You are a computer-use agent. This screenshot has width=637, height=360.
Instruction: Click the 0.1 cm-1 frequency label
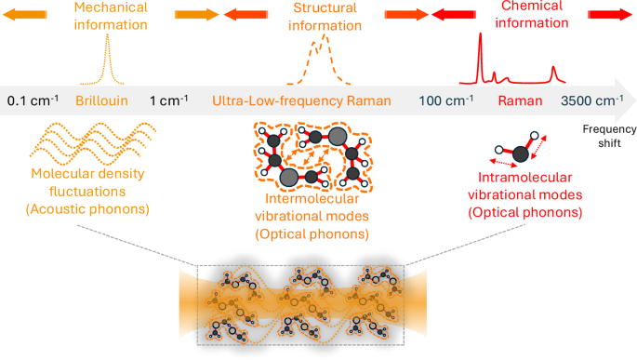[33, 100]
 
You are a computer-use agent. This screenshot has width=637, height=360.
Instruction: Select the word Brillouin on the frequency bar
[101, 100]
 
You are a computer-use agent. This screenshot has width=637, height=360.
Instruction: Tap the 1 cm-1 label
[169, 100]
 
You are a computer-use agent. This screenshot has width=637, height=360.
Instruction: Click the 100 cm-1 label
[445, 100]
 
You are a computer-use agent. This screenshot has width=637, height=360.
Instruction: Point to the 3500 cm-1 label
[592, 100]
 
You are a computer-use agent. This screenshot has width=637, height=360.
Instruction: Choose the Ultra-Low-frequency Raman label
[301, 100]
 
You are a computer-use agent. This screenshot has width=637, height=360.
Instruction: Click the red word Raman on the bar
[520, 100]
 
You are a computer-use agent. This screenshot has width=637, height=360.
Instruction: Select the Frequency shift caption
[609, 136]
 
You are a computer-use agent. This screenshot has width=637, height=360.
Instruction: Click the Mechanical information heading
[111, 16]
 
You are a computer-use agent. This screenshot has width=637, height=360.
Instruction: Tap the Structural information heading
[325, 17]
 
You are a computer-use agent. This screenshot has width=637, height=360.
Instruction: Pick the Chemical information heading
[531, 15]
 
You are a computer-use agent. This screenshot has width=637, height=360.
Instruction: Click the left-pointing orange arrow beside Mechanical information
[25, 15]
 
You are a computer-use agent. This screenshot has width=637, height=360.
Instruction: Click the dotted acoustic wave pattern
[93, 143]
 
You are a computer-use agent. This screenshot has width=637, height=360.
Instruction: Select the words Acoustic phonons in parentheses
[87, 209]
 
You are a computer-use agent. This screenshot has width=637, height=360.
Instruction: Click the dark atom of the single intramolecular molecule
[521, 154]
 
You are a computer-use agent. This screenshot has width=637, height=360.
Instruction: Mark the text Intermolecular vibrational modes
[312, 207]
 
